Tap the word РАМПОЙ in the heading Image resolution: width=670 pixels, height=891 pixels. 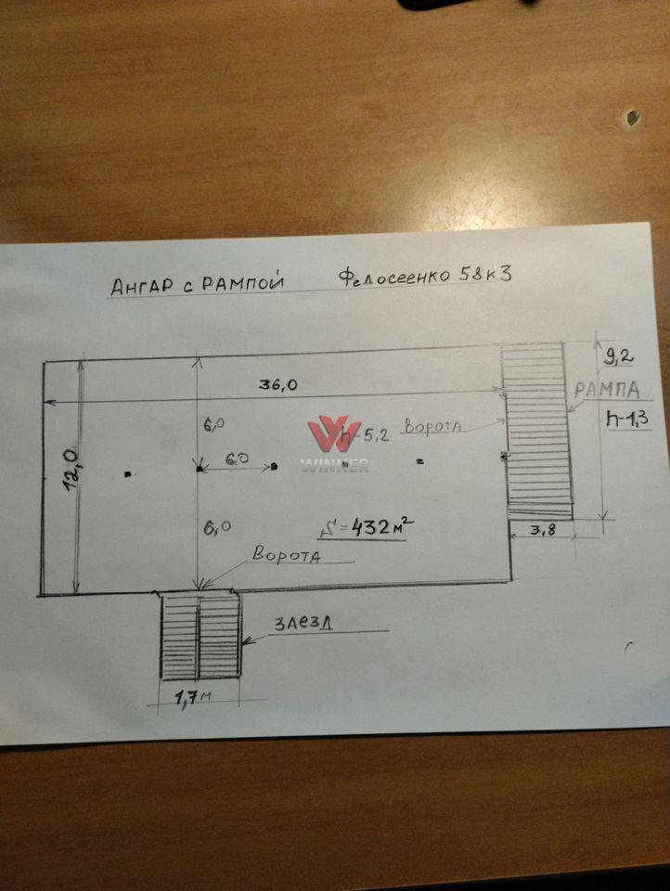point(238,281)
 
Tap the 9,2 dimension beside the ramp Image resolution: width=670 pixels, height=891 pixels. point(614,354)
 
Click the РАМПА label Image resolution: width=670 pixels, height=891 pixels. point(606,389)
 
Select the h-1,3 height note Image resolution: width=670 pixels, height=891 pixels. point(628,419)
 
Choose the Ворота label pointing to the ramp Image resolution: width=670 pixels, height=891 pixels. point(432,426)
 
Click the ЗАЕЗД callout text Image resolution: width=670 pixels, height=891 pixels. point(303,623)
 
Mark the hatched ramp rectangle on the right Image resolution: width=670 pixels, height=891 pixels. point(535,427)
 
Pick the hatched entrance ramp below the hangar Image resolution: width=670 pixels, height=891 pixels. point(201,635)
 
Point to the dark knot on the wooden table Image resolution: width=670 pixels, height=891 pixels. point(633,118)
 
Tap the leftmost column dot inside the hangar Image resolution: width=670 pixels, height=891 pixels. point(128,474)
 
